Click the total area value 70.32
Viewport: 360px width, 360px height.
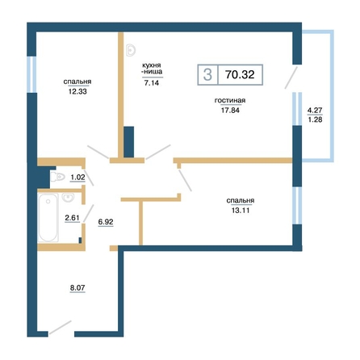point(240,74)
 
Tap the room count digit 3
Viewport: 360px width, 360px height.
point(207,74)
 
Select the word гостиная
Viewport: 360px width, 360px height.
point(230,100)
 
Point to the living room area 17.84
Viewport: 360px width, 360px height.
point(230,110)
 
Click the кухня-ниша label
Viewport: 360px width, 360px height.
point(152,69)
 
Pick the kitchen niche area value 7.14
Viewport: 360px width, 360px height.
point(152,83)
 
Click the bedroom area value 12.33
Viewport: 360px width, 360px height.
point(77,91)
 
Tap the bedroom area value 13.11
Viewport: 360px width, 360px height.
point(241,211)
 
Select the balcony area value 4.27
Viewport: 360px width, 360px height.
point(315,110)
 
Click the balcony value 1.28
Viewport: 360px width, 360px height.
point(315,119)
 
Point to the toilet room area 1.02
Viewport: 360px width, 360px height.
point(77,178)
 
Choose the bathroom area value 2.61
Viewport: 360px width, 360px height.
point(72,217)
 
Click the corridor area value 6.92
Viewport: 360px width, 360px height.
point(106,222)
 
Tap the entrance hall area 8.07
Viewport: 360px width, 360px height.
point(77,288)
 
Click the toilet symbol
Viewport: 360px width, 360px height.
point(58,177)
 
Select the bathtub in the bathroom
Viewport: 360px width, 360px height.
point(48,218)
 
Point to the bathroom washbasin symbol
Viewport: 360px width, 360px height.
point(68,197)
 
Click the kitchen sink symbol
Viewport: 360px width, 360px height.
point(131,50)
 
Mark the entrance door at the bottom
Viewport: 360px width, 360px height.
point(61,328)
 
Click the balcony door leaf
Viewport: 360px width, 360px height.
point(291,77)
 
